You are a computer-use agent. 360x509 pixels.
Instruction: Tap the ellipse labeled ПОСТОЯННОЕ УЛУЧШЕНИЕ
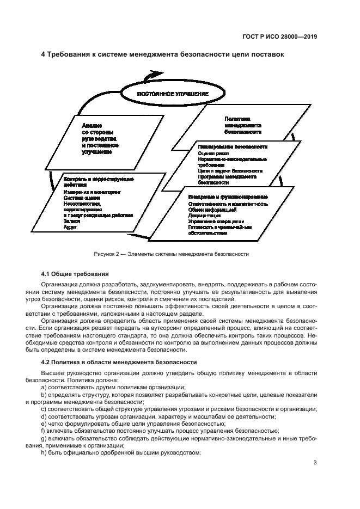(x=173, y=94)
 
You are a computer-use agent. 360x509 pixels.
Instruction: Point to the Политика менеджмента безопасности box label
(x=243, y=125)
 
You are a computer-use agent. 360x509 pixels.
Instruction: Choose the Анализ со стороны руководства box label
(x=100, y=139)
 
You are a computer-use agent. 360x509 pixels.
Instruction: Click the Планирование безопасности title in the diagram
(x=233, y=147)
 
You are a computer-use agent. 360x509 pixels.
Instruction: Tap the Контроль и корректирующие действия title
(x=99, y=182)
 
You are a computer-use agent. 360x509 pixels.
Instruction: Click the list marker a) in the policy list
(x=44, y=387)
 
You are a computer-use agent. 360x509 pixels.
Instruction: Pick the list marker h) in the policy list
(x=44, y=453)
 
